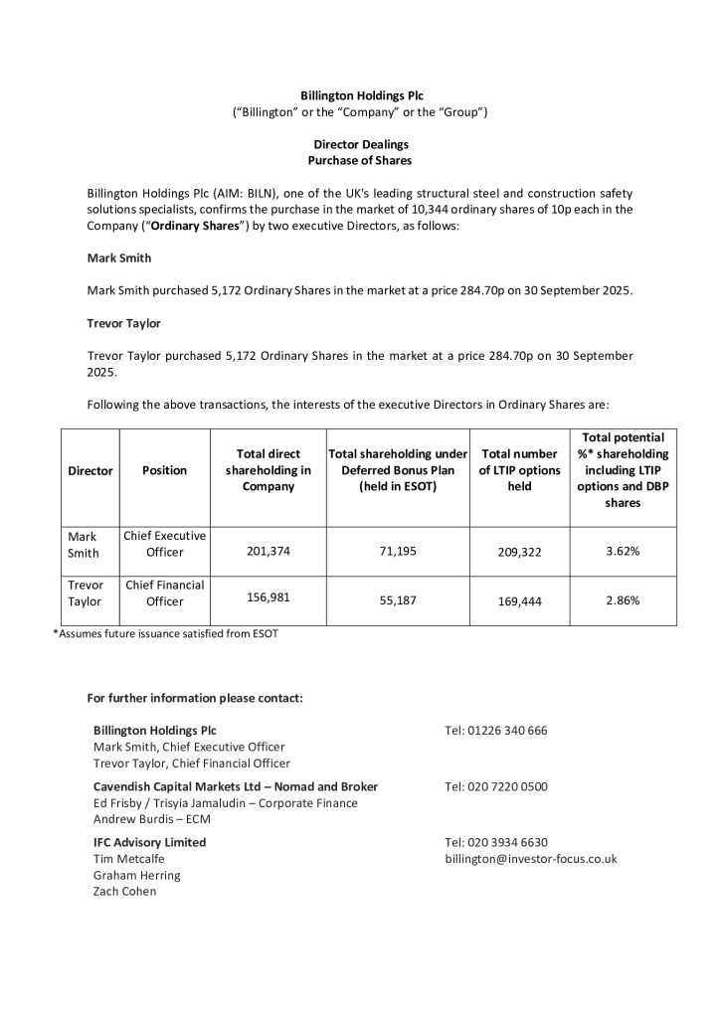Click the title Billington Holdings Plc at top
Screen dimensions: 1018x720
click(x=361, y=95)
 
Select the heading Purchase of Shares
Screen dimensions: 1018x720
click(x=360, y=160)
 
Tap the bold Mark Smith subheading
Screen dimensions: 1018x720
click(x=119, y=257)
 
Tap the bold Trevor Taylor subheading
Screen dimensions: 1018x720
click(x=124, y=323)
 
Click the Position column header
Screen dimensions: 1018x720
click(x=164, y=470)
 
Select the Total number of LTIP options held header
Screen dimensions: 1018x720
click(x=519, y=470)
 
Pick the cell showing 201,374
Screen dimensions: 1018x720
click(x=269, y=551)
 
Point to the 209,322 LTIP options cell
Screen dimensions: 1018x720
click(x=519, y=552)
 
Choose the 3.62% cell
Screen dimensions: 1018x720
click(x=623, y=551)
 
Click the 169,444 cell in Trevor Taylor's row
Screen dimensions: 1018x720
click(x=519, y=601)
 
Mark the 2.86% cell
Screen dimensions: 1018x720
click(x=623, y=600)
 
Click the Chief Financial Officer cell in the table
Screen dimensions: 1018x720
click(x=164, y=594)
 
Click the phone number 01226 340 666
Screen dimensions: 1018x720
click(x=496, y=730)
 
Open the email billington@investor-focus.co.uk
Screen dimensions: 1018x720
click(x=531, y=858)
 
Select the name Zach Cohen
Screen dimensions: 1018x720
click(x=124, y=891)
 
